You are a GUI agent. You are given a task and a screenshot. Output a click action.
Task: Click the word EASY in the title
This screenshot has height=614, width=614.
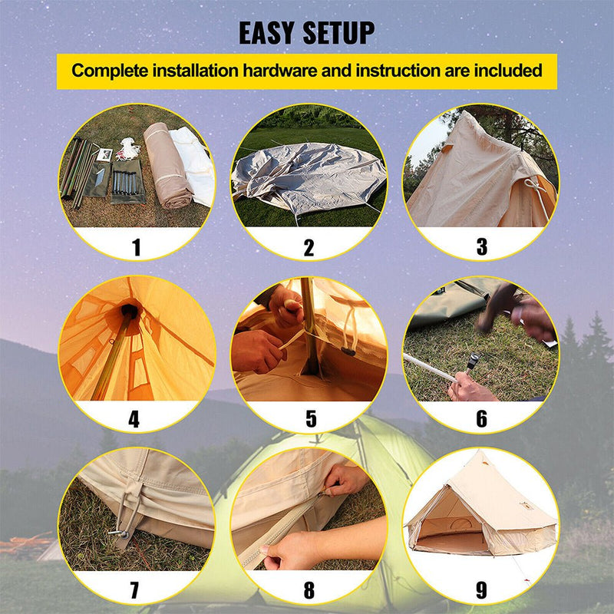(270, 33)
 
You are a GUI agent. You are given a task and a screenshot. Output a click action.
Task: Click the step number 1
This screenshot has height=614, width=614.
(136, 247)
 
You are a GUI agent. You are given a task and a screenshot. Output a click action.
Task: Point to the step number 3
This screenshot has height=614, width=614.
(481, 247)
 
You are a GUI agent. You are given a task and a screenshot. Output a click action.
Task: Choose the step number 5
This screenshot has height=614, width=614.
(310, 419)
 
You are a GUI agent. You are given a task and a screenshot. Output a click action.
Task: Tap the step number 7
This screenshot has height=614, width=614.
(135, 591)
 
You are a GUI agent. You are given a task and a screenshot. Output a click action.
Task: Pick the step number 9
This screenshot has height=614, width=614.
(481, 591)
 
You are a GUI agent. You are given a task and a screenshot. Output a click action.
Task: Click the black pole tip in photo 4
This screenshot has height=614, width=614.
(129, 311)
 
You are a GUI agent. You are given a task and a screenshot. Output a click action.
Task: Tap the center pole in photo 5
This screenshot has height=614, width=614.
(307, 322)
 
